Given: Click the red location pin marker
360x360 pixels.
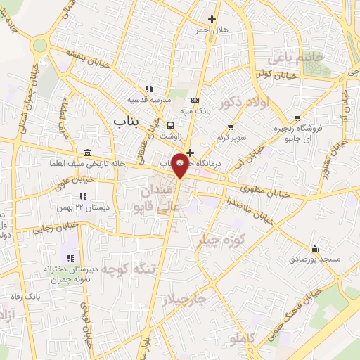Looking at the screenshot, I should click(x=181, y=164).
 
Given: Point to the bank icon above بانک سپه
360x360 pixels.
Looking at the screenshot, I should click(x=195, y=100).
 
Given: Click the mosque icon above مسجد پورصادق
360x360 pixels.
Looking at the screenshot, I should click(x=314, y=248).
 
